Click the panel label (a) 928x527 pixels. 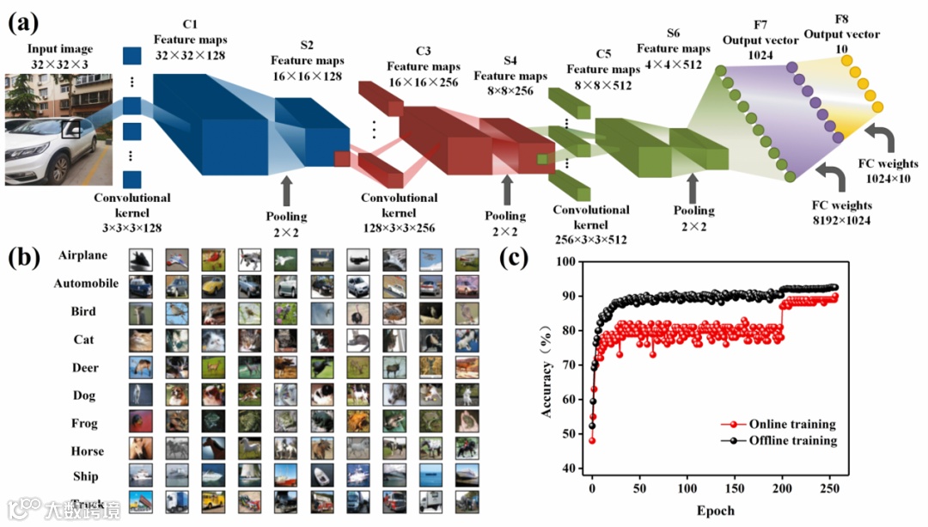pyautogui.click(x=22, y=23)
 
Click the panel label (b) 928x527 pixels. pyautogui.click(x=22, y=256)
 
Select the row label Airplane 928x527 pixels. pyautogui.click(x=83, y=256)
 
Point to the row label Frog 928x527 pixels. pyautogui.click(x=84, y=423)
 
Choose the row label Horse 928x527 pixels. pyautogui.click(x=84, y=450)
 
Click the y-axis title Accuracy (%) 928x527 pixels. pyautogui.click(x=546, y=365)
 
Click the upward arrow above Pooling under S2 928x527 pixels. pyautogui.click(x=286, y=188)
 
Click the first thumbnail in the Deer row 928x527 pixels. pyautogui.click(x=141, y=368)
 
